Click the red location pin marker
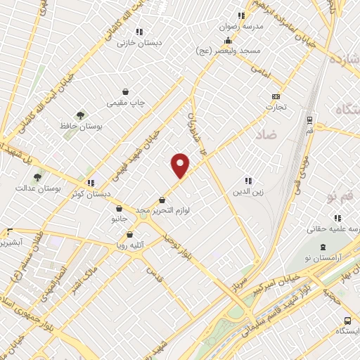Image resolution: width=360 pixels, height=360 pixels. coord(181,165)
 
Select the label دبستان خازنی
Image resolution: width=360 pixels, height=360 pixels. coord(139,42)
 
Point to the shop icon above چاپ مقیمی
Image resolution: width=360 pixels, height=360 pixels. coord(125,91)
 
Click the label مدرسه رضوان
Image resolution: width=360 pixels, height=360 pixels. coord(242,25)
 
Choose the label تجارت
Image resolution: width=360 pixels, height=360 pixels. coord(276,108)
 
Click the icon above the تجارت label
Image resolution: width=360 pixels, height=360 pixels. coord(276,97)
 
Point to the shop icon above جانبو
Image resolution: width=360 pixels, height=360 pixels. coord(120,208)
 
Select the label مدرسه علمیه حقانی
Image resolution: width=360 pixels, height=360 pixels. coord(335,229)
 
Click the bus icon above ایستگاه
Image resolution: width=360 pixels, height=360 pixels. coord(346,320)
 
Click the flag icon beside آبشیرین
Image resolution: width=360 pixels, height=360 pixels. coord(9,232)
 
